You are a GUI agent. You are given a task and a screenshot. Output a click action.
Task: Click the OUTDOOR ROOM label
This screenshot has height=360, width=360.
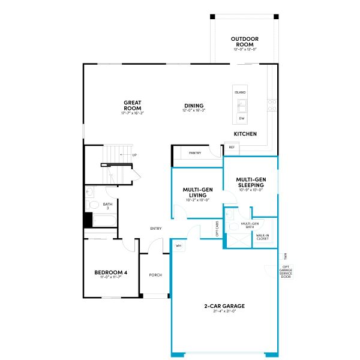click(245, 41)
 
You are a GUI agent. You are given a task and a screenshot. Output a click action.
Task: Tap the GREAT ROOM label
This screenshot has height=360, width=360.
click(133, 106)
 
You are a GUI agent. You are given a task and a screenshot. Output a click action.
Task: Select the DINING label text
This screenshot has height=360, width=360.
click(193, 106)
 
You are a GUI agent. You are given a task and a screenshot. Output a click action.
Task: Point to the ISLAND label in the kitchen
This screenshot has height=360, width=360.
click(240, 93)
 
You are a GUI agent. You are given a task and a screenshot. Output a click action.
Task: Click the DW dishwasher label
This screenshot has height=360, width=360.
click(241, 119)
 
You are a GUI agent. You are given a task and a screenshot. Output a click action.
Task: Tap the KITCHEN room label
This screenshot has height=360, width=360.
click(245, 134)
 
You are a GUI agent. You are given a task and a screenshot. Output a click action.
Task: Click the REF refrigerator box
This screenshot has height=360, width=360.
click(231, 147)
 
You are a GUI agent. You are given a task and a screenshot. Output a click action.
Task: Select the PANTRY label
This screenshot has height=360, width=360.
click(194, 153)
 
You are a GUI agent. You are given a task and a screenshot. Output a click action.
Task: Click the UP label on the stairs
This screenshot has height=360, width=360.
click(134, 155)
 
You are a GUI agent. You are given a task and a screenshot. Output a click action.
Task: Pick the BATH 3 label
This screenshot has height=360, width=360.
click(107, 206)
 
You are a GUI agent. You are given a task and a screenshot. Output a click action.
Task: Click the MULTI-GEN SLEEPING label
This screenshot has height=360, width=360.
click(251, 182)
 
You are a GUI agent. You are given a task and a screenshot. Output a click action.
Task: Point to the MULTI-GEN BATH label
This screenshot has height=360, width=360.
click(250, 225)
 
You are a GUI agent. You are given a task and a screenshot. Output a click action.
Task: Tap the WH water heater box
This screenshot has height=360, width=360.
click(179, 246)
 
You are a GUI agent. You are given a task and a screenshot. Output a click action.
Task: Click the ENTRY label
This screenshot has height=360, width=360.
click(156, 228)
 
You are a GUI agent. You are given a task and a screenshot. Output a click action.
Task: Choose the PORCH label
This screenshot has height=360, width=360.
click(155, 275)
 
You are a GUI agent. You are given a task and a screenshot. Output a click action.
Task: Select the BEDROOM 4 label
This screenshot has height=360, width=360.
click(111, 273)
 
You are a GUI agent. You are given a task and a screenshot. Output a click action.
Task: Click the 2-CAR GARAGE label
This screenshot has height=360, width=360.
click(225, 307)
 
